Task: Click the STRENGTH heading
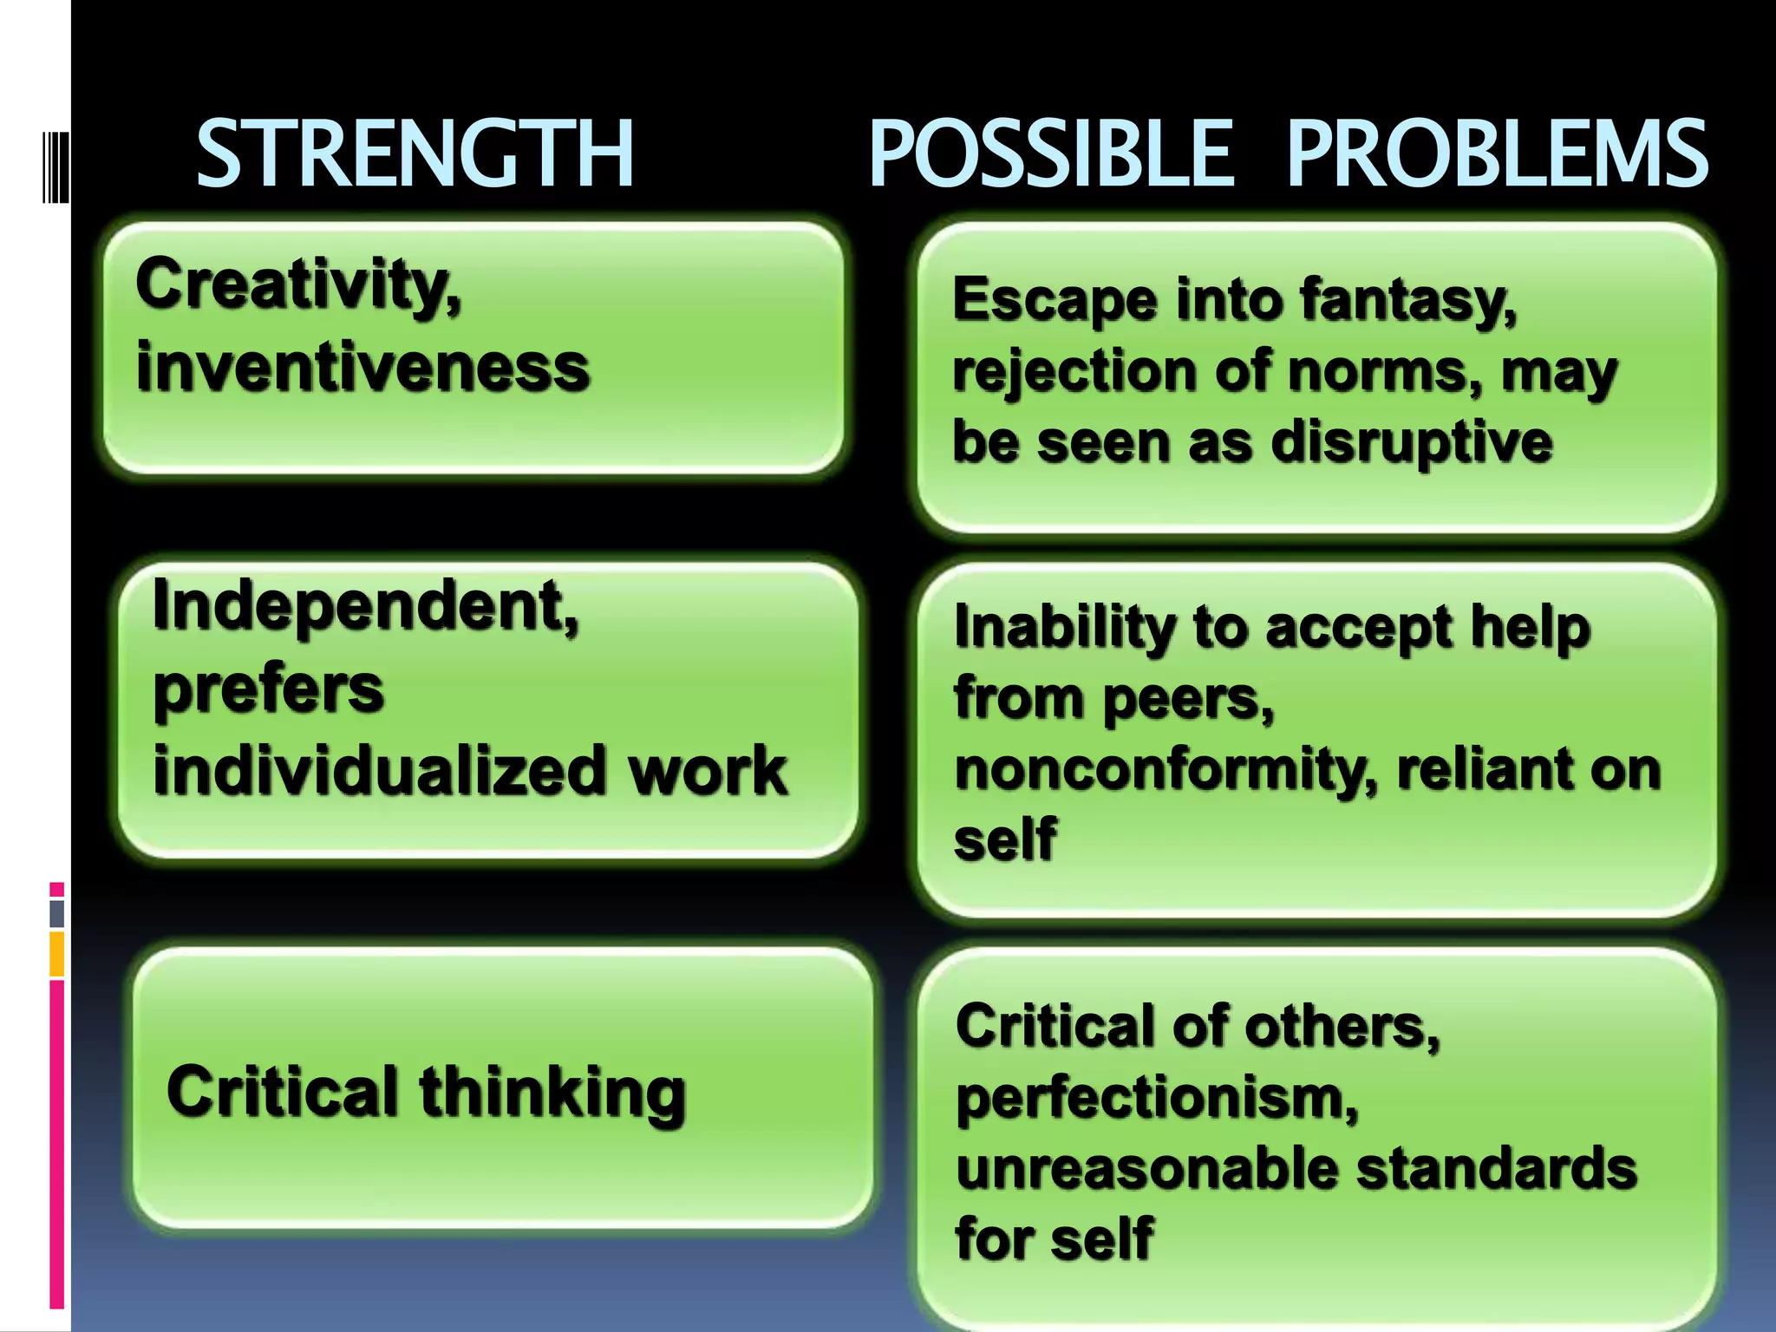point(415,153)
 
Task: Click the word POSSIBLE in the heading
point(1050,153)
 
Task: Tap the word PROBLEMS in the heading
point(1497,153)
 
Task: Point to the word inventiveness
point(362,368)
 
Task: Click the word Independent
point(364,606)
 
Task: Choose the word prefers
point(268,689)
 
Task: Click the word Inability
point(1065,626)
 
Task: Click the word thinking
point(552,1093)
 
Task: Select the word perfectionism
point(1157,1098)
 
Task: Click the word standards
point(1496,1168)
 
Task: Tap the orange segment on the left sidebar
point(57,954)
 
